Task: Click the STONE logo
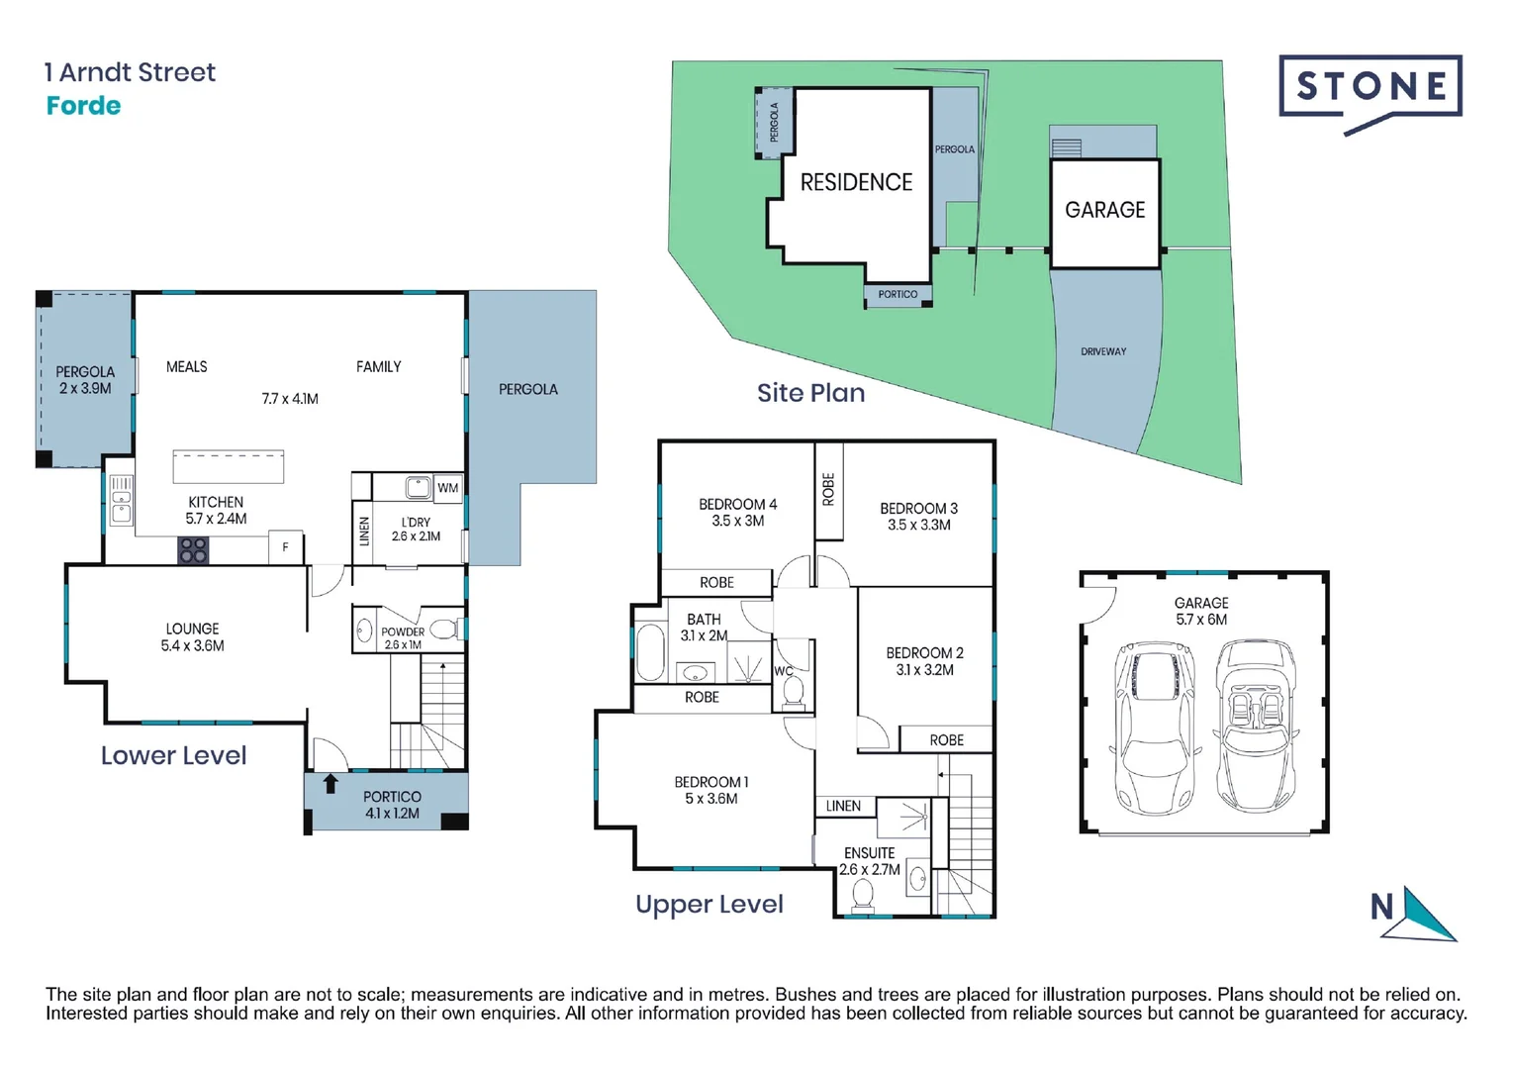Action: [x=1371, y=89]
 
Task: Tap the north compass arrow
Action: [x=1427, y=916]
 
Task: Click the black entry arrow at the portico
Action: [x=331, y=784]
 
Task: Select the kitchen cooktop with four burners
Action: [x=193, y=550]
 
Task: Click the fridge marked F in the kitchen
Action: [x=285, y=547]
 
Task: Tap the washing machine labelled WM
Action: [x=447, y=487]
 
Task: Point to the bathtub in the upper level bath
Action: [x=650, y=652]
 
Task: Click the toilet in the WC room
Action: [x=793, y=693]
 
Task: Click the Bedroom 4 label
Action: [x=737, y=504]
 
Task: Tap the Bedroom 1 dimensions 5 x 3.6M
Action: [x=710, y=799]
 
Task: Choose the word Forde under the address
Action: [x=83, y=106]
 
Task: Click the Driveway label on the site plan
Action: [x=1103, y=351]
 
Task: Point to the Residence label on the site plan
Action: [x=856, y=182]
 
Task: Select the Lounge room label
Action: [x=192, y=629]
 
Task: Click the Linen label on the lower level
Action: [x=364, y=532]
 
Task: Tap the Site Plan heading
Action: [x=810, y=393]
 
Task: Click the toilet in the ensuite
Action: [x=862, y=894]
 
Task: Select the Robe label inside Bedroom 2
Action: [x=946, y=740]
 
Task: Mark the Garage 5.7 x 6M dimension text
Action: [x=1201, y=620]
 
